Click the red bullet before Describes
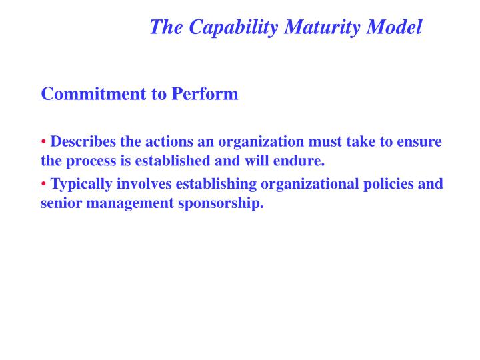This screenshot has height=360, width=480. (x=44, y=142)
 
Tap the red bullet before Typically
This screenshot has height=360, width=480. (x=44, y=184)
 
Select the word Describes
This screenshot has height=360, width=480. (x=83, y=142)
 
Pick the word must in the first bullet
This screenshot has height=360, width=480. (x=327, y=142)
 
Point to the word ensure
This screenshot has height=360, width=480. (x=420, y=142)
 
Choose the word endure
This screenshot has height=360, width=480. (x=301, y=161)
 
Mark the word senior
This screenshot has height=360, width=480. (x=59, y=203)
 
